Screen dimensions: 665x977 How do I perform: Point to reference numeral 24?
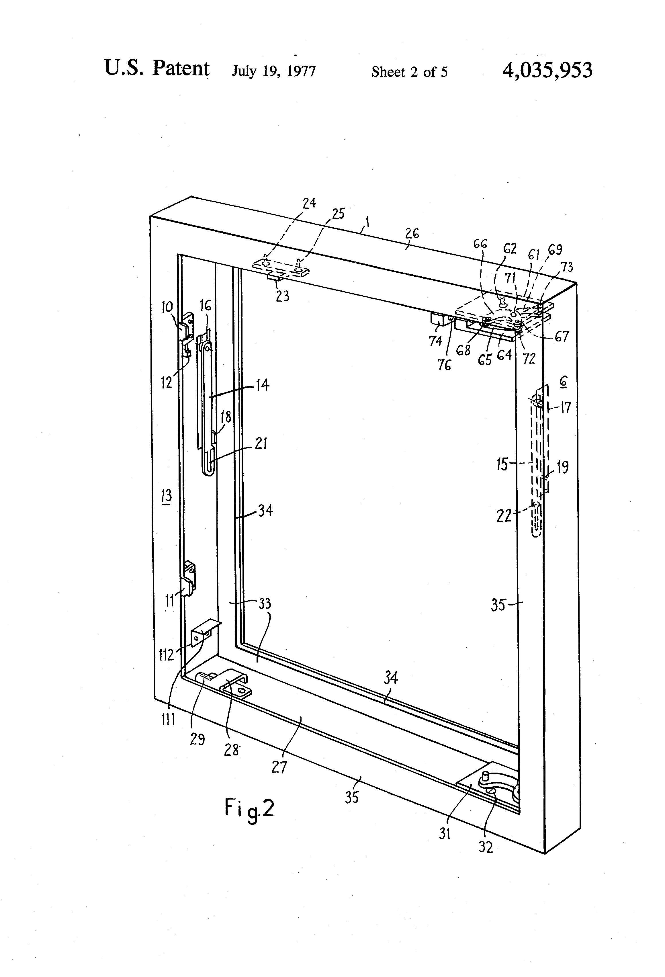tap(309, 204)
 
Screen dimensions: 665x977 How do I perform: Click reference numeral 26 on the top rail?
tap(412, 234)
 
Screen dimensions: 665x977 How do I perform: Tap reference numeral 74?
tap(435, 341)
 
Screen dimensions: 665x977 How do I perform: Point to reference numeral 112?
tap(166, 654)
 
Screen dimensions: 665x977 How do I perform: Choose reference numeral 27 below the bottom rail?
tap(279, 767)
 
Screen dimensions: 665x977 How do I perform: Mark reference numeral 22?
tap(504, 515)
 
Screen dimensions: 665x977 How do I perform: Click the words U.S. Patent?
tap(157, 68)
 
